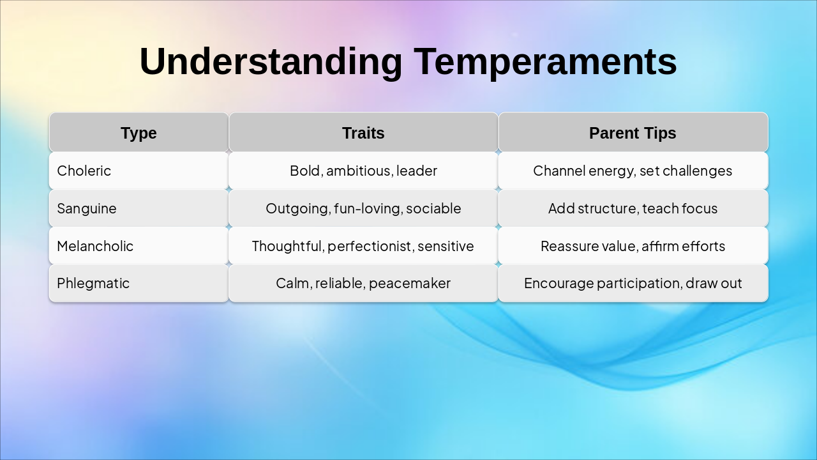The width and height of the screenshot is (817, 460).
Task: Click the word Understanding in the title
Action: click(271, 61)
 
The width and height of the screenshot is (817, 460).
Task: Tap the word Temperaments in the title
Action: click(545, 61)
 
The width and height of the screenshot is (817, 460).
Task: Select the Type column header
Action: click(139, 133)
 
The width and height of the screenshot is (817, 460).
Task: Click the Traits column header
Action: click(363, 133)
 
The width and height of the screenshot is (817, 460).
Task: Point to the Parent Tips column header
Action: click(633, 133)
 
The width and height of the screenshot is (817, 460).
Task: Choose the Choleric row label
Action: click(84, 171)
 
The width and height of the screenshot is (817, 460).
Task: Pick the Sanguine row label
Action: click(87, 208)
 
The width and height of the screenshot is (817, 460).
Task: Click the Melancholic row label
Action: click(95, 246)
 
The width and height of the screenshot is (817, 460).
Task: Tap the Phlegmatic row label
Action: click(93, 283)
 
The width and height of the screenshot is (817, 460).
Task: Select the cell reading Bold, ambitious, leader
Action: click(363, 171)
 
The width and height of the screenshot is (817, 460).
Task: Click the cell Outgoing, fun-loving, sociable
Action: click(363, 208)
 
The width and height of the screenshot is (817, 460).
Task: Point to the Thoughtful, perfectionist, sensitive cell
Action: click(363, 246)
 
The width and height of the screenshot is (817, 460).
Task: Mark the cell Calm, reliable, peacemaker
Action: click(363, 283)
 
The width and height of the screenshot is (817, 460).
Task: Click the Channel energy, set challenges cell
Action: click(633, 171)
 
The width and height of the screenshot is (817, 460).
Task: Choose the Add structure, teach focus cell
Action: click(633, 208)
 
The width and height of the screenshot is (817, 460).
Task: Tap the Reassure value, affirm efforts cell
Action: click(633, 246)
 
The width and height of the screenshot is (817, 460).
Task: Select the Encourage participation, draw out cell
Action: click(633, 283)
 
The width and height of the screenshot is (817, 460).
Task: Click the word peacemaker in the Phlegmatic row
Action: click(410, 284)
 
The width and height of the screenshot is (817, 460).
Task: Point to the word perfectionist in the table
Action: click(370, 247)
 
